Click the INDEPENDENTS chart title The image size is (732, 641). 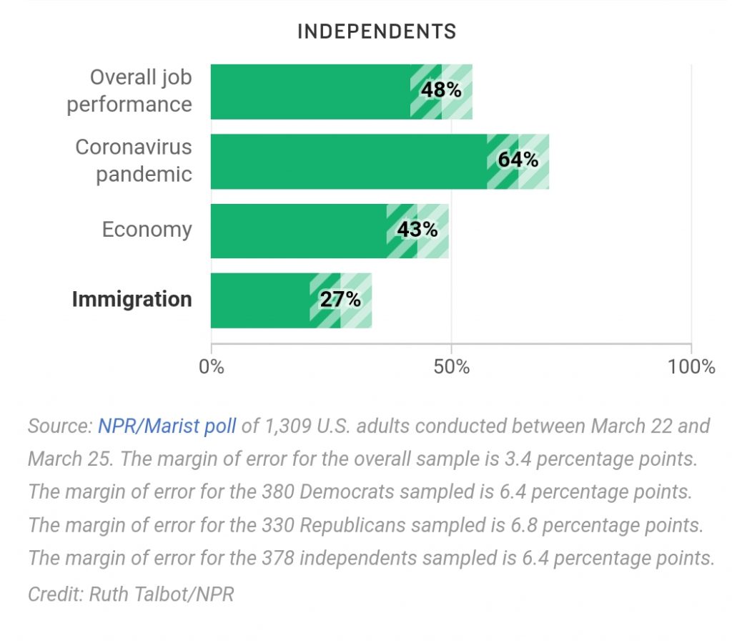[x=376, y=31]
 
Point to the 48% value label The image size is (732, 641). [x=441, y=90]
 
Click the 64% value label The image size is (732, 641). [x=518, y=160]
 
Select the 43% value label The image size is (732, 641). [x=417, y=230]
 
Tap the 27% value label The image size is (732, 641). [x=340, y=299]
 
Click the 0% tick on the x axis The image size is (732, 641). [x=212, y=367]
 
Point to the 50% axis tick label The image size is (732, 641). [x=452, y=367]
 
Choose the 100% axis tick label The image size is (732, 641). [x=691, y=367]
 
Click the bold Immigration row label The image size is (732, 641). [x=132, y=299]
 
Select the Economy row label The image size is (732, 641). [x=147, y=230]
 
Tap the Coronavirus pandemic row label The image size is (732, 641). [x=134, y=160]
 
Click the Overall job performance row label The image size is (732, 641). [x=130, y=90]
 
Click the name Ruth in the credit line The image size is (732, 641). [x=111, y=594]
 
